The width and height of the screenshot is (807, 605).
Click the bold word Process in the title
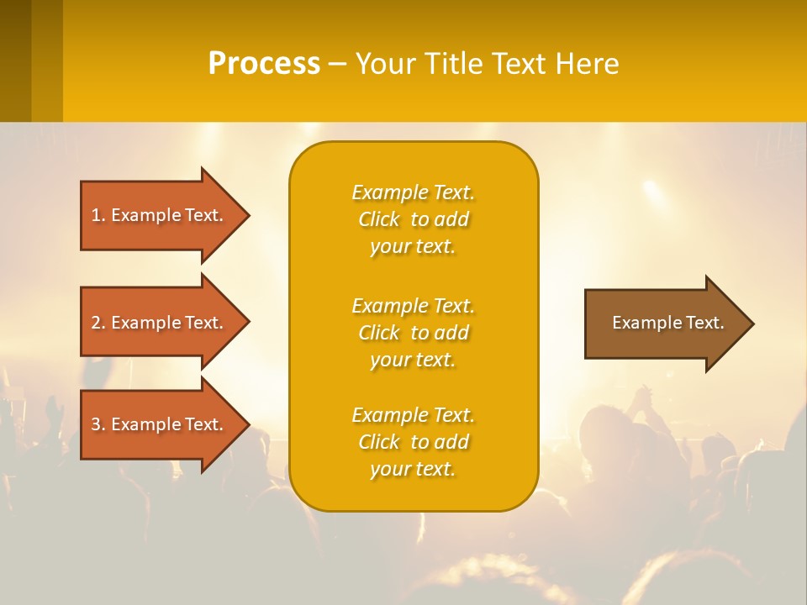[264, 64]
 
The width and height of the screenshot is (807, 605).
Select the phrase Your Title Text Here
[487, 64]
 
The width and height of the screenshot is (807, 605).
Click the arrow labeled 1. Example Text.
[157, 215]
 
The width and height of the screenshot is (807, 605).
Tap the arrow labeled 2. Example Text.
[157, 323]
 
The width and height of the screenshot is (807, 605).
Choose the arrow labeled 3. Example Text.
[157, 424]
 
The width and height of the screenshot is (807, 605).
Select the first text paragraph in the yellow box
[413, 219]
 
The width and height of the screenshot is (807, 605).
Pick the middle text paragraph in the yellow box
[413, 333]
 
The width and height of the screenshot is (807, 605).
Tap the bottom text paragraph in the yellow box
[413, 442]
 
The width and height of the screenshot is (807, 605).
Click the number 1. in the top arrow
[98, 215]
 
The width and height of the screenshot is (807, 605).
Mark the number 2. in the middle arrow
[98, 323]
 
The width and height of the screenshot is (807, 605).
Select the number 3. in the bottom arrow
[98, 424]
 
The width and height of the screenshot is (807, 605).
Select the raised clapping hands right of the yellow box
[643, 399]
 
